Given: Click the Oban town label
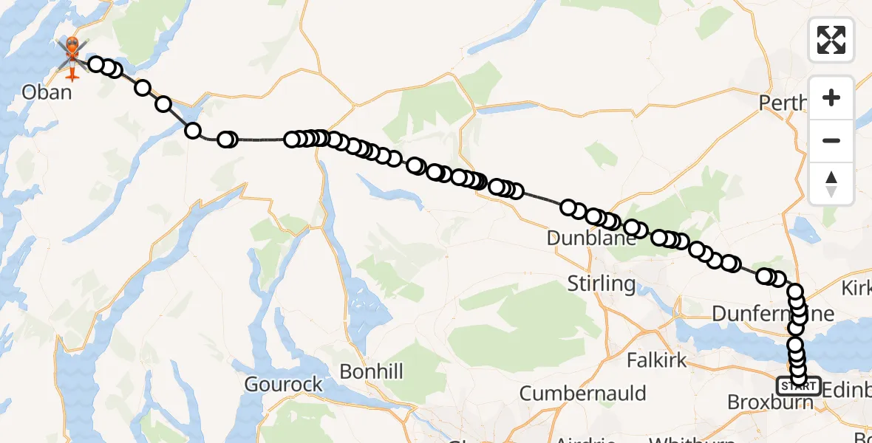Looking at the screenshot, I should pyautogui.click(x=47, y=92).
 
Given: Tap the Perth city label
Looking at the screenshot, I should pyautogui.click(x=783, y=102).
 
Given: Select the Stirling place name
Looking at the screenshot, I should pyautogui.click(x=601, y=283).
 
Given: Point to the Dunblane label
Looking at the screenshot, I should pyautogui.click(x=591, y=238).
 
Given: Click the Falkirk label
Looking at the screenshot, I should pyautogui.click(x=656, y=360).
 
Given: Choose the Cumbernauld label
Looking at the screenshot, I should pyautogui.click(x=582, y=393).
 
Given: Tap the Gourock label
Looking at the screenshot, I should pyautogui.click(x=285, y=384).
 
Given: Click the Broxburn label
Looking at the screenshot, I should pyautogui.click(x=769, y=402).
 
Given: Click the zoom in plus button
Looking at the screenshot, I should pyautogui.click(x=831, y=98).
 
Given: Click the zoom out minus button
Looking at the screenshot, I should pyautogui.click(x=831, y=140).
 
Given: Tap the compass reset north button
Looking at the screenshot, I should pyautogui.click(x=831, y=183).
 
